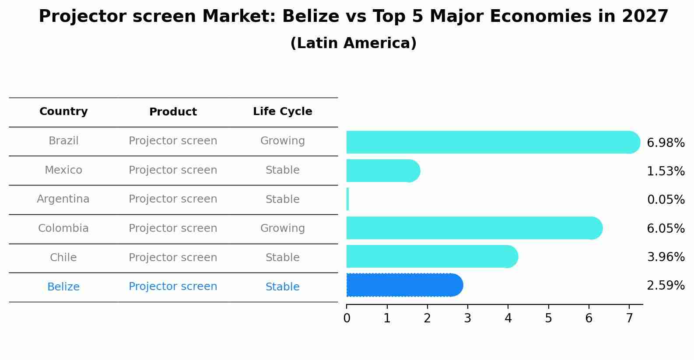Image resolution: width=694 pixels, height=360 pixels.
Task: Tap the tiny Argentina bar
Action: tap(348, 199)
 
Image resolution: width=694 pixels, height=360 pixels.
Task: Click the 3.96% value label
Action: tap(666, 257)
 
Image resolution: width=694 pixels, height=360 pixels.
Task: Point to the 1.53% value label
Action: tap(666, 171)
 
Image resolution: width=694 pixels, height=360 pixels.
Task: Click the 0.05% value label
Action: tap(666, 200)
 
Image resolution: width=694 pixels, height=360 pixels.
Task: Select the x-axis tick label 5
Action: tap(548, 318)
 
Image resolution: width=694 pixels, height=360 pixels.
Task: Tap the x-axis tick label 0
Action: tap(347, 318)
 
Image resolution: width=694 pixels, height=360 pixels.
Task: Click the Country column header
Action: tap(63, 112)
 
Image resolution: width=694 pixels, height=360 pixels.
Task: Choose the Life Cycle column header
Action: tap(283, 112)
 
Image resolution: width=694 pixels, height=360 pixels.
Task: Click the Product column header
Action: tap(173, 112)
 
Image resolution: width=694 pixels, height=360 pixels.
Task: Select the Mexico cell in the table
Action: tap(63, 170)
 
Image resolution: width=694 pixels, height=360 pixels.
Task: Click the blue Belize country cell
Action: tap(63, 287)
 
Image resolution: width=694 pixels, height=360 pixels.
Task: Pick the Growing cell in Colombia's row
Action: tap(283, 228)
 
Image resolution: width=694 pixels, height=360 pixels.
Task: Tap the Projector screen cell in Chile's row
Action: tap(173, 258)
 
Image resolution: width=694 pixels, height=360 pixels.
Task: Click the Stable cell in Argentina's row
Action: tap(283, 199)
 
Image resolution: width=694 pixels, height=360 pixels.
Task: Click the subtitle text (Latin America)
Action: tap(353, 43)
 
